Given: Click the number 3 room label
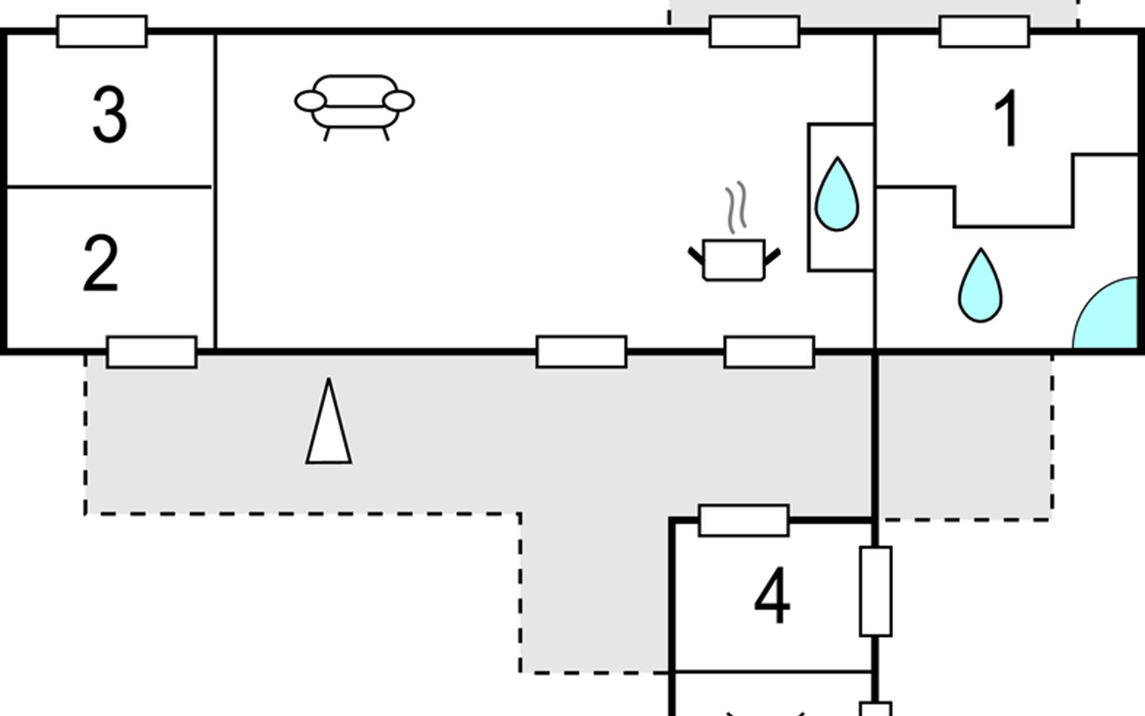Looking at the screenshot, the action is (110, 115).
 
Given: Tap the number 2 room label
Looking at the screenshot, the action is (100, 263).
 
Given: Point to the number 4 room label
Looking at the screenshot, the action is (772, 595).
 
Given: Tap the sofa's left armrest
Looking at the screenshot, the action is (311, 101).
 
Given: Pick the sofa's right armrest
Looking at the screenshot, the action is (398, 101).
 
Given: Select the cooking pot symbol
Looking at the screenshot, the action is (734, 260).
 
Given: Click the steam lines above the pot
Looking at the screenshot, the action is (736, 207).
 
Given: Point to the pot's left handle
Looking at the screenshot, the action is (696, 255).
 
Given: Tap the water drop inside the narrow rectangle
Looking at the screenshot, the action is (837, 194).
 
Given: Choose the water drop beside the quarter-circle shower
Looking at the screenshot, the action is (980, 285).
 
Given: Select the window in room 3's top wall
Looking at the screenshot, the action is (102, 32).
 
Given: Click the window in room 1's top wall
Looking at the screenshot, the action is (985, 32).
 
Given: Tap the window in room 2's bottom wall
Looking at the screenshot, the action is (152, 352).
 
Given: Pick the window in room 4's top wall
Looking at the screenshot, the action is (744, 521).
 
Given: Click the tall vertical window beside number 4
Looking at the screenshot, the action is (876, 591).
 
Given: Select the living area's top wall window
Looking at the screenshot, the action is (754, 32).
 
